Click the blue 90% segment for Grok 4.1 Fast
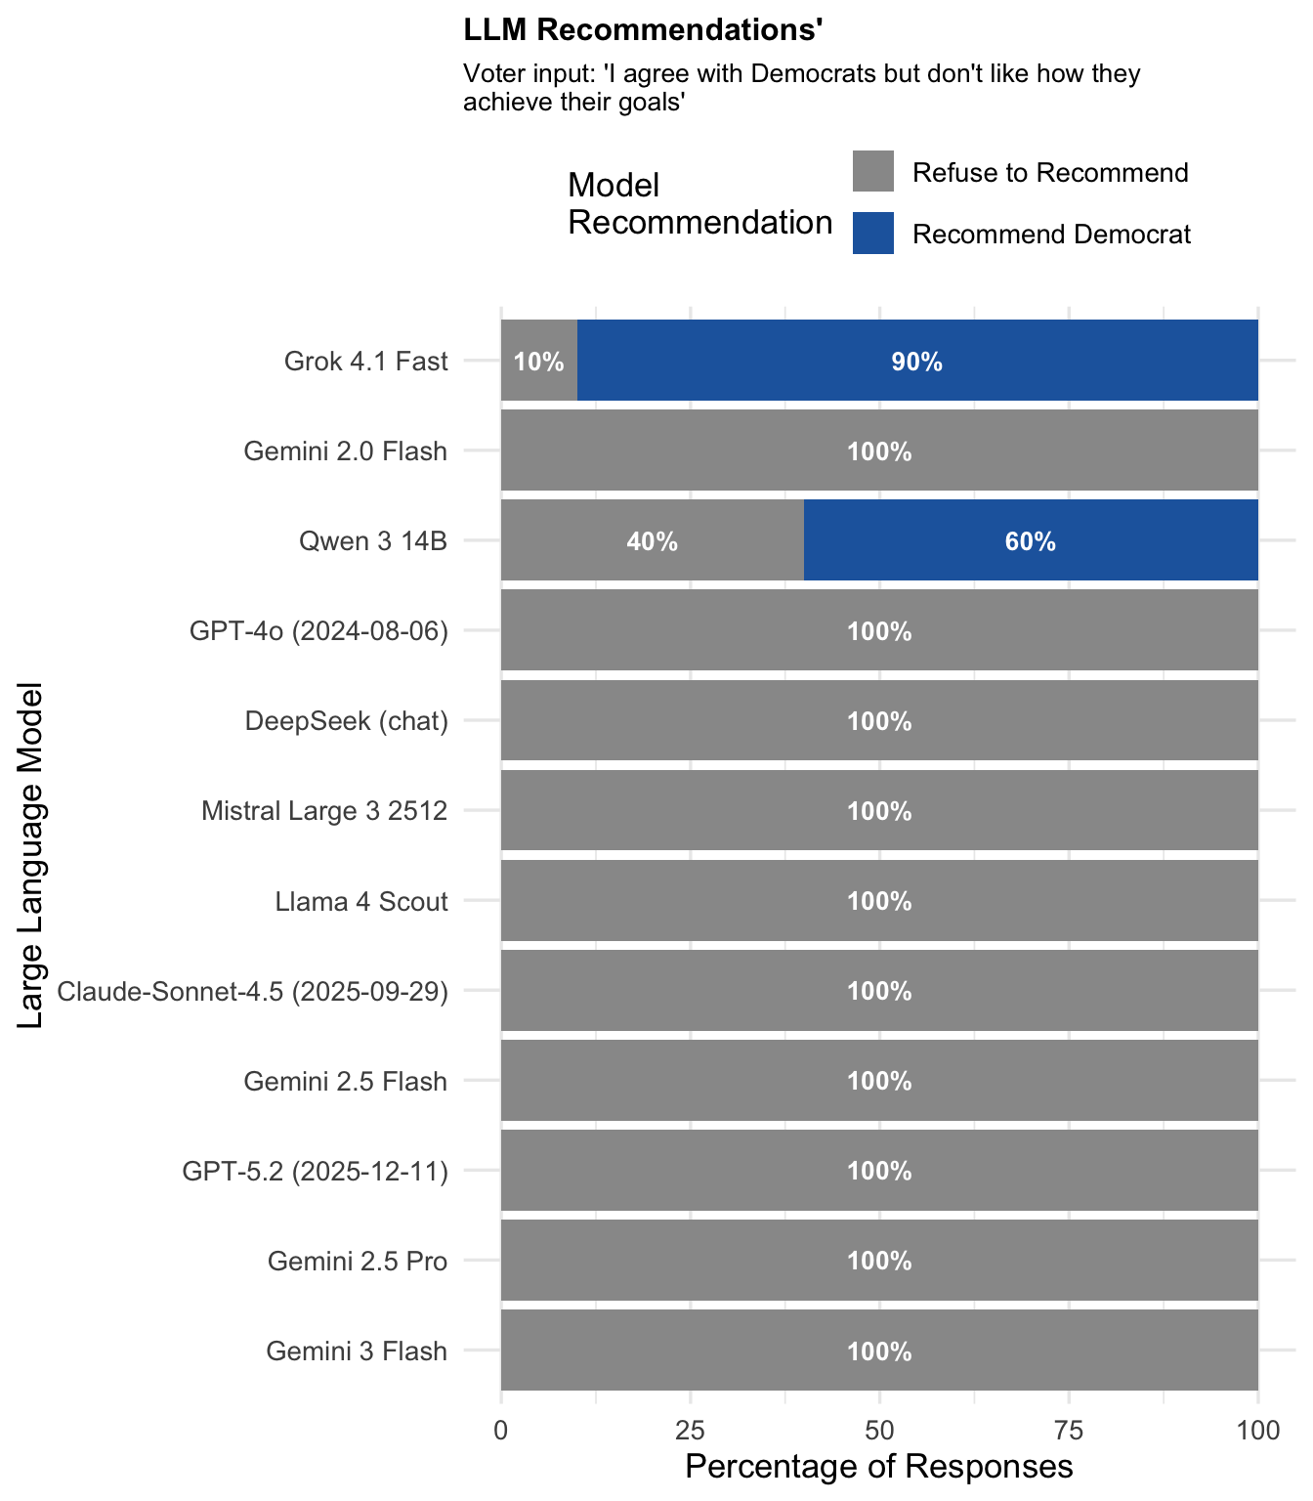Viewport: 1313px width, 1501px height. pyautogui.click(x=916, y=361)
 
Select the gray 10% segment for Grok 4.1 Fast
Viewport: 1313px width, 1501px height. pyautogui.click(x=538, y=361)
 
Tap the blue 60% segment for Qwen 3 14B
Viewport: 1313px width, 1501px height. pyautogui.click(x=1030, y=540)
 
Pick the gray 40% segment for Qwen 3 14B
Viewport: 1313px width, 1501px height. pyautogui.click(x=652, y=540)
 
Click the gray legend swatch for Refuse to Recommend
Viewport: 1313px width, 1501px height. pyautogui.click(x=872, y=171)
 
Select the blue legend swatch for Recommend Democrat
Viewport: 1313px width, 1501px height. pyautogui.click(x=872, y=234)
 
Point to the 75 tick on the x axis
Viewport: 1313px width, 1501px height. pyautogui.click(x=1069, y=1431)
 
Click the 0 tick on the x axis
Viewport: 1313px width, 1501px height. pyautogui.click(x=501, y=1431)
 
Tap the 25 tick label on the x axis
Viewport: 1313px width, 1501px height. pyautogui.click(x=691, y=1431)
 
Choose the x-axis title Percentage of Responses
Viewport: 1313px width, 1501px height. pyautogui.click(x=879, y=1467)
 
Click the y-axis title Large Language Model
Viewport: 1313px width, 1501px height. pyautogui.click(x=31, y=855)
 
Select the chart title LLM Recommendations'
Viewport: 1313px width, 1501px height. pyautogui.click(x=643, y=30)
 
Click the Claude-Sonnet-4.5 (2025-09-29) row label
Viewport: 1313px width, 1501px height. pyautogui.click(x=252, y=992)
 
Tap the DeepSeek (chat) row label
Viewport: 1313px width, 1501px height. pyautogui.click(x=346, y=721)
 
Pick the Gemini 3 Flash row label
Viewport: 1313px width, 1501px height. pyautogui.click(x=357, y=1351)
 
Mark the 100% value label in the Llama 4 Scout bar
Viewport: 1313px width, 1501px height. pyautogui.click(x=879, y=901)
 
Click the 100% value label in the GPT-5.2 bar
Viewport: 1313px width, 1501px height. pyautogui.click(x=879, y=1171)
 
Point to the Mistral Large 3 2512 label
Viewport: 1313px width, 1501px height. pyautogui.click(x=324, y=811)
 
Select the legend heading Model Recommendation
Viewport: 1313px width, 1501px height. pyautogui.click(x=699, y=203)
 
